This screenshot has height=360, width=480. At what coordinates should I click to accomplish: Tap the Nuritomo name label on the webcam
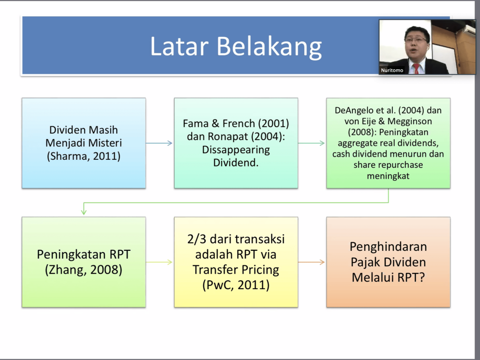pos(392,70)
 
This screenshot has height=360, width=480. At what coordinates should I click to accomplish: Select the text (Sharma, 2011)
pos(83,156)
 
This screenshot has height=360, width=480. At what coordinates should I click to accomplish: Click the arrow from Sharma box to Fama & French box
pos(159,143)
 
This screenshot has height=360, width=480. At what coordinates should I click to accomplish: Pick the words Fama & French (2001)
pos(236,124)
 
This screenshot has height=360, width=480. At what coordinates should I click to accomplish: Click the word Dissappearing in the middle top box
pos(236,150)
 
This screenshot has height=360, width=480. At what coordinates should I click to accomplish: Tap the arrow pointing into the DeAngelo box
pos(312,143)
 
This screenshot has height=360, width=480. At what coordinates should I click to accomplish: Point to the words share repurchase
pos(388,165)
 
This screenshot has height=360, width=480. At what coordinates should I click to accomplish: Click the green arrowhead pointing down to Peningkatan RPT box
pos(84,212)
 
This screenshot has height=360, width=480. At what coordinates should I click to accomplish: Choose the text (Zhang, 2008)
pos(83,270)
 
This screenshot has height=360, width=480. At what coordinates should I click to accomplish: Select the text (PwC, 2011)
pos(236,285)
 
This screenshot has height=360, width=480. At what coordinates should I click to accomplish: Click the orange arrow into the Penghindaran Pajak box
pos(312,262)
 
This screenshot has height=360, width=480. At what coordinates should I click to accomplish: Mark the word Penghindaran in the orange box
pos(388,247)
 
